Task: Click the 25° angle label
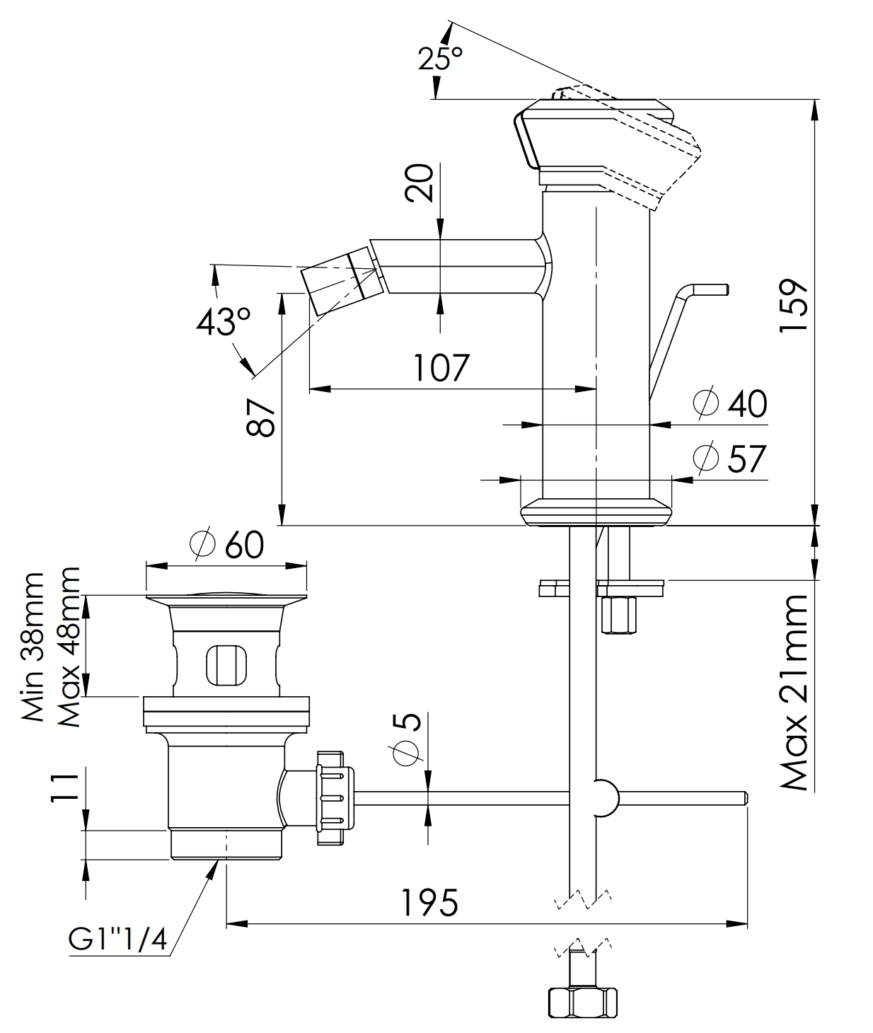440,58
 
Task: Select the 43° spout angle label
224,323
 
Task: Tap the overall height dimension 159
793,306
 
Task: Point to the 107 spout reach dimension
441,368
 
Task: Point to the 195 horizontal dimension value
430,903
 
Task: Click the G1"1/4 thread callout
117,940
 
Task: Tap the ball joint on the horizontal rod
603,798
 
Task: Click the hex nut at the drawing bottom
582,1002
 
